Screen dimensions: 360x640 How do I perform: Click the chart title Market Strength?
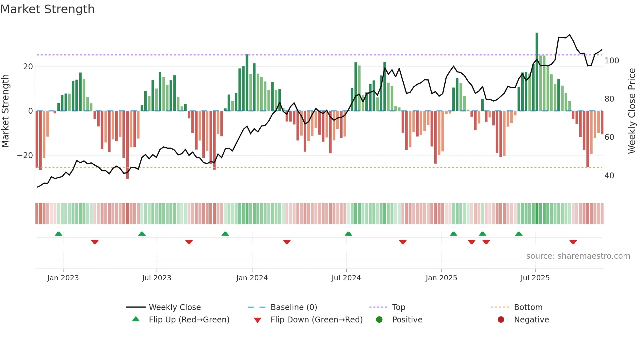point(47,9)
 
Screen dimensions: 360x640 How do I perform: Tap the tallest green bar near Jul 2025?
point(537,72)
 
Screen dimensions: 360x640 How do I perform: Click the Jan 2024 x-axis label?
point(252,278)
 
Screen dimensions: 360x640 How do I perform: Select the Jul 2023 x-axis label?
point(156,278)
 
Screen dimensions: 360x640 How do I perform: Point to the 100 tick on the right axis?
point(612,61)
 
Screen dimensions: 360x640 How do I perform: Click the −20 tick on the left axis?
point(25,155)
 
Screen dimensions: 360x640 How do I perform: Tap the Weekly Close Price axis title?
point(632,111)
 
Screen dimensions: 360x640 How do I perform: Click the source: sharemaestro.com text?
point(578,256)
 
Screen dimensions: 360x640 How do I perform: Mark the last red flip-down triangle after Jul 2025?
point(573,242)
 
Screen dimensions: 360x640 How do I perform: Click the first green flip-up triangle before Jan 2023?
point(58,234)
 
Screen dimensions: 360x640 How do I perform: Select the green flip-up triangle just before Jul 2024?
point(348,234)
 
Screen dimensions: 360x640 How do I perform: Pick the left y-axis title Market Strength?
point(6,111)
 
